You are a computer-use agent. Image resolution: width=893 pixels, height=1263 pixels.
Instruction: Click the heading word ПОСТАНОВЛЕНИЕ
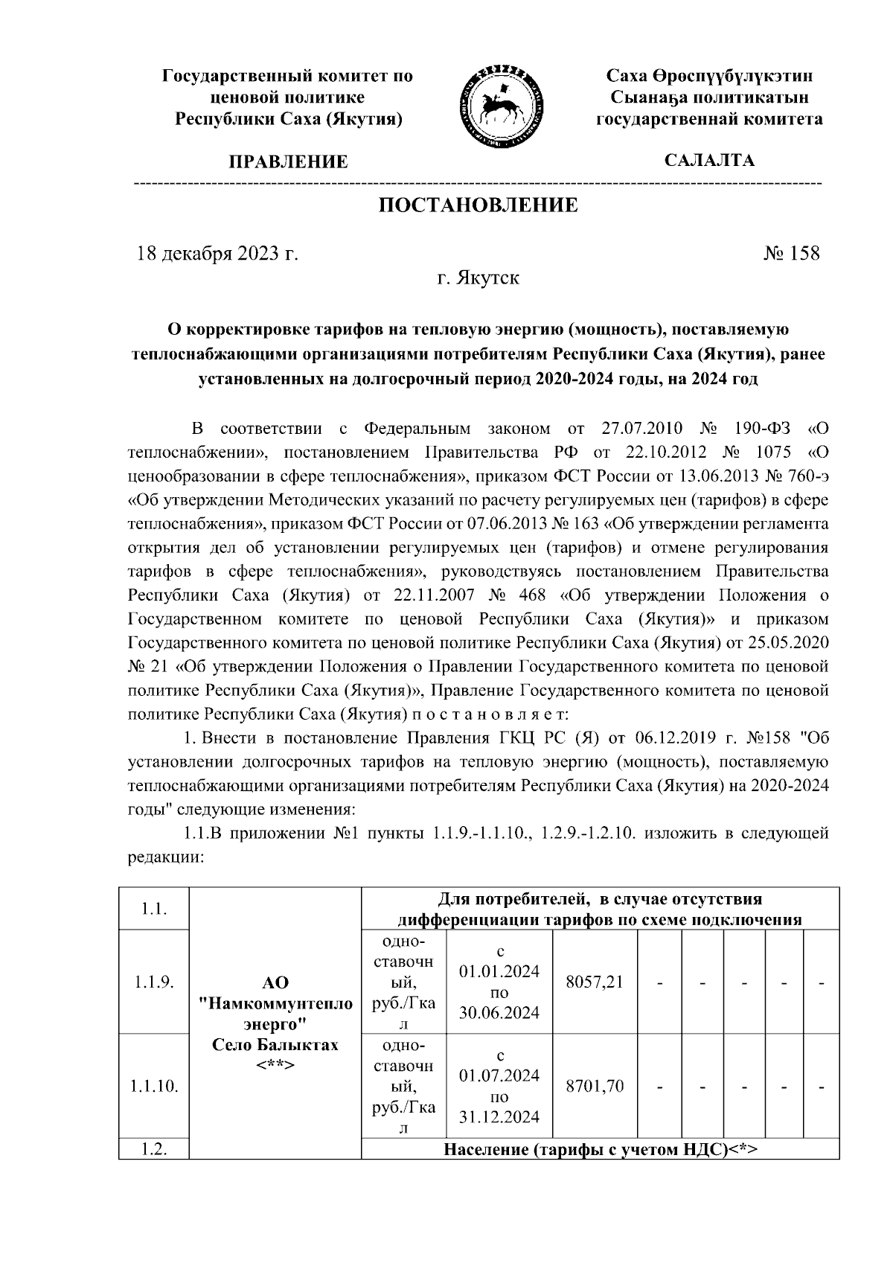pyautogui.click(x=478, y=205)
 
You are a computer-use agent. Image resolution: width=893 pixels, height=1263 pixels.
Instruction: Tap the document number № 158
pyautogui.click(x=791, y=254)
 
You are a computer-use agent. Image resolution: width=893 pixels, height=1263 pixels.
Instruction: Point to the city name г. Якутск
pyautogui.click(x=478, y=279)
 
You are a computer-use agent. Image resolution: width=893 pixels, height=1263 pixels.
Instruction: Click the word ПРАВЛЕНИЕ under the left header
pyautogui.click(x=288, y=162)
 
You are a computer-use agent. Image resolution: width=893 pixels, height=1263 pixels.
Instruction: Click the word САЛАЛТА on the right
pyautogui.click(x=709, y=160)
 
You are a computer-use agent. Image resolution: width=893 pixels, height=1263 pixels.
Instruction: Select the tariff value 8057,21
pyautogui.click(x=594, y=982)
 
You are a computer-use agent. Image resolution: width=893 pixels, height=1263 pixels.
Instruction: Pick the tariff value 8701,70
pyautogui.click(x=594, y=1086)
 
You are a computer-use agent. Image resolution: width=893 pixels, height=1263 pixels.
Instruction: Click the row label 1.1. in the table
pyautogui.click(x=153, y=909)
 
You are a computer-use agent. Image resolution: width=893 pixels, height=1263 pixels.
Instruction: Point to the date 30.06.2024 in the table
pyautogui.click(x=499, y=1013)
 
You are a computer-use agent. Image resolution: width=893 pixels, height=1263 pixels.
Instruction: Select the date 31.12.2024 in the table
pyautogui.click(x=499, y=1117)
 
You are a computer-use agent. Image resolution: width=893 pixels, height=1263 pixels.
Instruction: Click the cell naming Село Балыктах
pyautogui.click(x=275, y=1044)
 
